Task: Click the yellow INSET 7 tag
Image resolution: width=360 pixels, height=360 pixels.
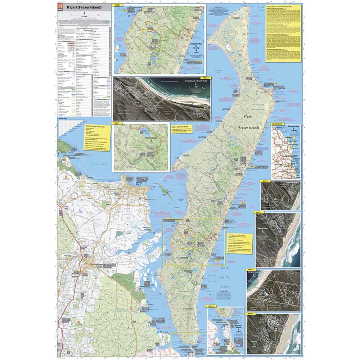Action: point(251,314)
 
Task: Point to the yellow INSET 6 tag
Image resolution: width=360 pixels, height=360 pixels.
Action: point(251,269)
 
